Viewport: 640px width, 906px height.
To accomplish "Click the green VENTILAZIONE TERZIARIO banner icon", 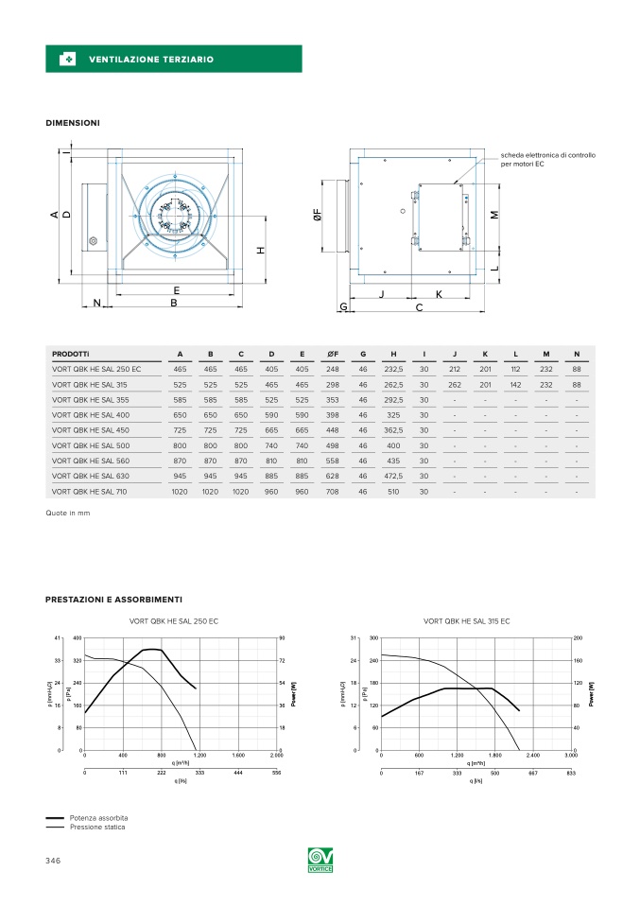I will [x=67, y=60].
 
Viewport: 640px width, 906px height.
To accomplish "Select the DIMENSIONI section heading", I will [x=73, y=123].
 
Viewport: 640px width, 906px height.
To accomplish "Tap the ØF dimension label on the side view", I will [x=318, y=216].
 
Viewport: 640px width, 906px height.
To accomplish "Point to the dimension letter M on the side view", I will [x=493, y=215].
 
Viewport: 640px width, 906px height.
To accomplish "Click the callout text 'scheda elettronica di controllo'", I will [x=548, y=155].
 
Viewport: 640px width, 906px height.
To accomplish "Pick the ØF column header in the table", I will [x=332, y=355].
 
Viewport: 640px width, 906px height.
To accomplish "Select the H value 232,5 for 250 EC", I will [x=393, y=370].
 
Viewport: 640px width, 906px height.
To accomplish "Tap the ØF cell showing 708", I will [x=332, y=492].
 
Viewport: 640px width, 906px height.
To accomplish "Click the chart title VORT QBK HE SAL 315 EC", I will [x=466, y=621].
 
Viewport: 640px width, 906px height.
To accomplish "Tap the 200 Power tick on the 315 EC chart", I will [x=579, y=638].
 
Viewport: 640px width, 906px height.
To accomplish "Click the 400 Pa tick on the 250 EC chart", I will [x=77, y=638].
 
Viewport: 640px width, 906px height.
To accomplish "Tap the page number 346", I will [x=54, y=861].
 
